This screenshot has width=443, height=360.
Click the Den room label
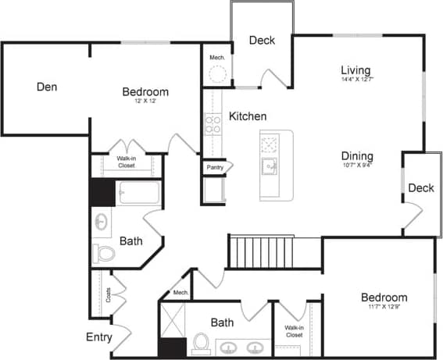tap(47, 86)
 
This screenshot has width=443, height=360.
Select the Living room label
tap(355, 70)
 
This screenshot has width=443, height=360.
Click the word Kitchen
tap(248, 116)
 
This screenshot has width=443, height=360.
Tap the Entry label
tap(99, 337)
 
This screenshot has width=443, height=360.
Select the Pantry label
tap(215, 167)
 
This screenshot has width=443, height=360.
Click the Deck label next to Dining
tap(420, 188)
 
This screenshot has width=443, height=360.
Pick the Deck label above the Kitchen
tap(262, 41)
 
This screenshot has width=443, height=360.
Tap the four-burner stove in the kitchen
tap(213, 124)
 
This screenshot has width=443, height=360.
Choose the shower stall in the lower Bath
tap(173, 321)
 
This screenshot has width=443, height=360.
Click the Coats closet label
tap(107, 294)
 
